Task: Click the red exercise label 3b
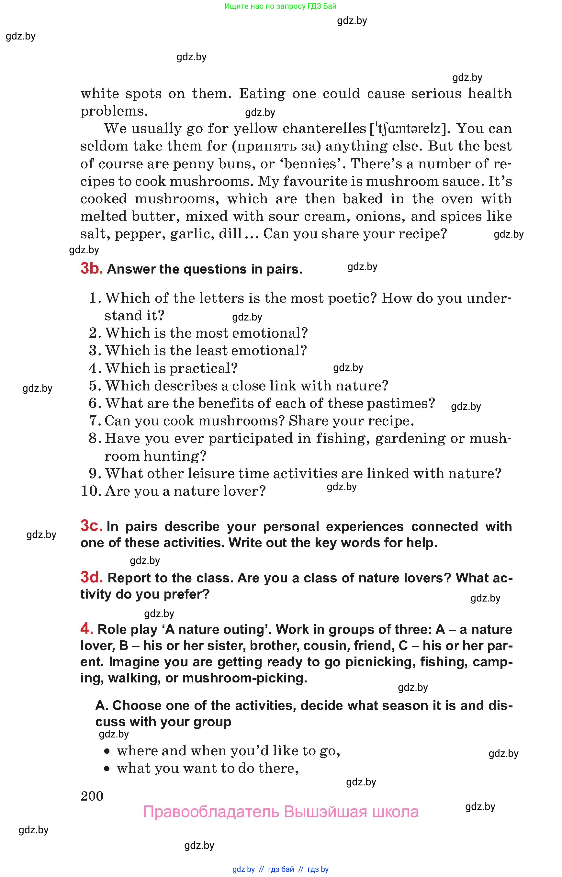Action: (x=91, y=269)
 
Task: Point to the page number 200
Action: (x=92, y=796)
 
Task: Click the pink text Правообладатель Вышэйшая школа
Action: (x=280, y=812)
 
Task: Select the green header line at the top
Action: (x=280, y=6)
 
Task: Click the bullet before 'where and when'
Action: (x=107, y=751)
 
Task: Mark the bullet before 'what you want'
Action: (x=107, y=769)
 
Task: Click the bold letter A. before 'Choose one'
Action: (x=102, y=705)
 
